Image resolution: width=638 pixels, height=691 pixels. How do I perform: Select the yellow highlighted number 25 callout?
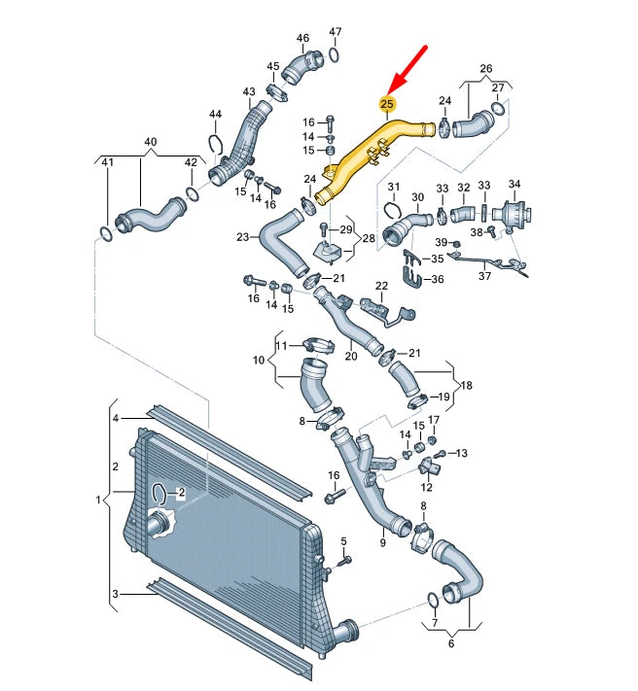(387, 103)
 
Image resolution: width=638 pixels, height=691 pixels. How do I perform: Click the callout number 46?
(302, 39)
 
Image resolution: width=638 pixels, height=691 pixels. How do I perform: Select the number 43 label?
(249, 92)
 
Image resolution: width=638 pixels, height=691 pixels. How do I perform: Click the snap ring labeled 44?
(217, 148)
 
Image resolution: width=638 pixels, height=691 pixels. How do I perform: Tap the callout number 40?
(150, 142)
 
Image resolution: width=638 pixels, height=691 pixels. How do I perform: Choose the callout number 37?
(484, 276)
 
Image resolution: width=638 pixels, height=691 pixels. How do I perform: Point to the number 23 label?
(243, 236)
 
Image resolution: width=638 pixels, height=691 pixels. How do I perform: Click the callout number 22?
(382, 285)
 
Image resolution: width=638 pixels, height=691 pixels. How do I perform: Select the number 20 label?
(350, 357)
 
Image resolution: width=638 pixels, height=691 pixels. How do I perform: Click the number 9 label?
(382, 543)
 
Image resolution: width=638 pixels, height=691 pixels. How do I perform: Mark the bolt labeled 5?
(344, 561)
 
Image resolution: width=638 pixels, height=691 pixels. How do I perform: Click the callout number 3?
(116, 594)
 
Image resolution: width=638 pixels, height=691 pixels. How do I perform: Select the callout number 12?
(426, 488)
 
